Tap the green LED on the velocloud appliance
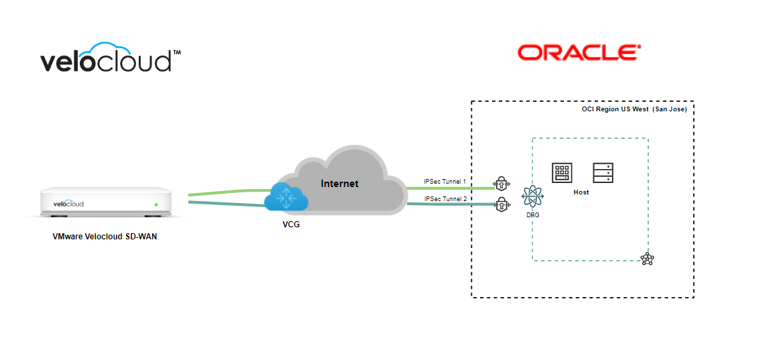[x=156, y=204]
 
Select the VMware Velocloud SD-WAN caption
[x=105, y=237]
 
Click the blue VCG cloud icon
[x=286, y=197]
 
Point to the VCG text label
[x=291, y=225]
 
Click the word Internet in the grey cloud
[x=339, y=184]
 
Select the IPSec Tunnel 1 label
[x=444, y=182]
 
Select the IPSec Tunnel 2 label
[x=444, y=198]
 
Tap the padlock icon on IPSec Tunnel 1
[x=500, y=184]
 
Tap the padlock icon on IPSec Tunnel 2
[x=500, y=203]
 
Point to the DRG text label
[x=533, y=215]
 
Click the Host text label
[x=581, y=192]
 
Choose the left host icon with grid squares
[x=562, y=173]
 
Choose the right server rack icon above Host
[x=603, y=173]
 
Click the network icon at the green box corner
[x=646, y=259]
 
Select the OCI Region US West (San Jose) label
[x=634, y=109]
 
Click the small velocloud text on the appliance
[x=69, y=204]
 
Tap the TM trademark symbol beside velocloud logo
[x=177, y=52]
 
